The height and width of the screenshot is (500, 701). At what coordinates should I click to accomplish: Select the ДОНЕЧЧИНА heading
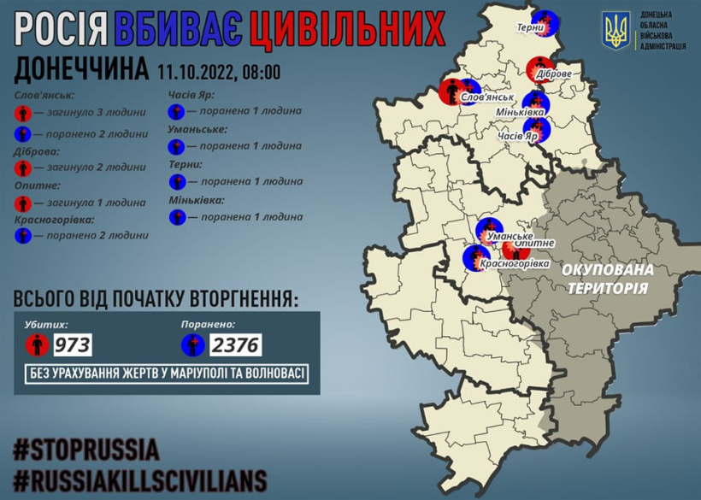(x=80, y=71)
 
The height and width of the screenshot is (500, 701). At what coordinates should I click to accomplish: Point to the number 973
(x=74, y=345)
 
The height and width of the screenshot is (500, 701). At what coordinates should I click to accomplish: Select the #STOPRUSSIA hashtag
(x=86, y=450)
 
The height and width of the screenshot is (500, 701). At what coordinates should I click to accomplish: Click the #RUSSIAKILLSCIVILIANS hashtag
(x=140, y=478)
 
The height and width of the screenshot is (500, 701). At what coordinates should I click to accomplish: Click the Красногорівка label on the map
(x=515, y=264)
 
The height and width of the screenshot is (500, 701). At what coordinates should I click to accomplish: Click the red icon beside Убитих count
(x=36, y=345)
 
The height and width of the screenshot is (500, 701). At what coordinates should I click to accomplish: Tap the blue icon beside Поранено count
(x=192, y=345)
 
